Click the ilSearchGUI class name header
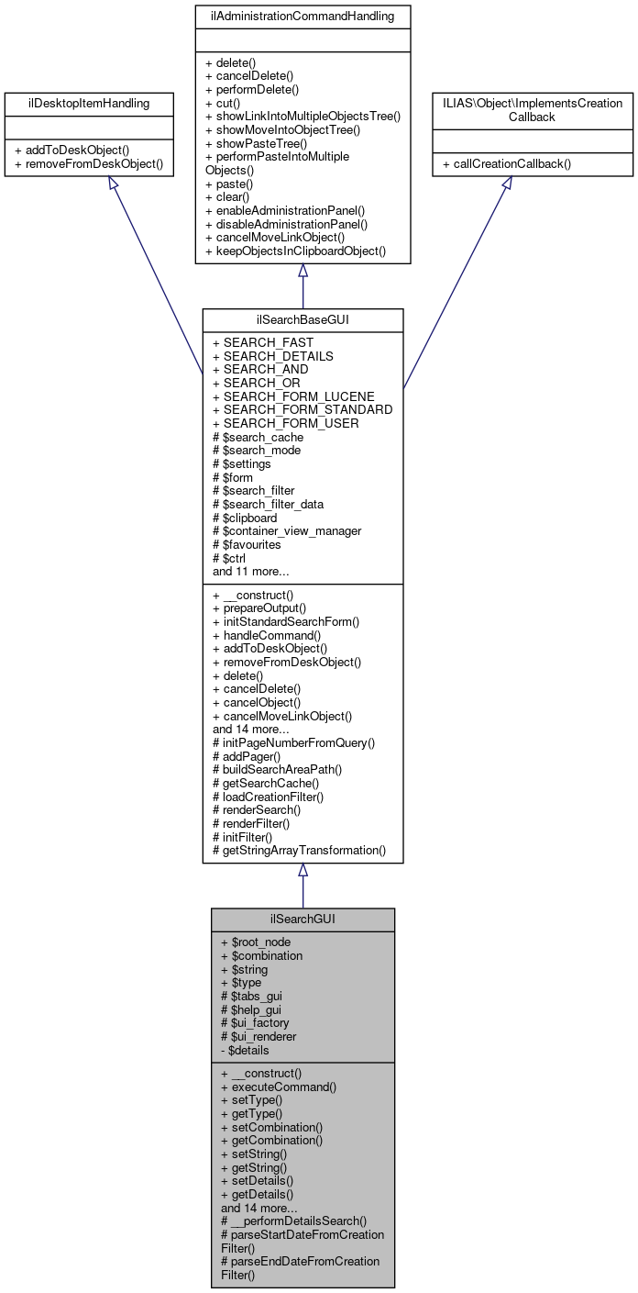click(x=302, y=919)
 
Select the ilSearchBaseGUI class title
click(x=302, y=318)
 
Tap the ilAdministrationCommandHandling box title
click(x=302, y=16)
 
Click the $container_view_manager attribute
click(x=286, y=530)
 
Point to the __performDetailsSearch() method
click(x=293, y=1221)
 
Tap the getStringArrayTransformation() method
click(x=299, y=850)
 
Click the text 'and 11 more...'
click(x=251, y=571)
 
